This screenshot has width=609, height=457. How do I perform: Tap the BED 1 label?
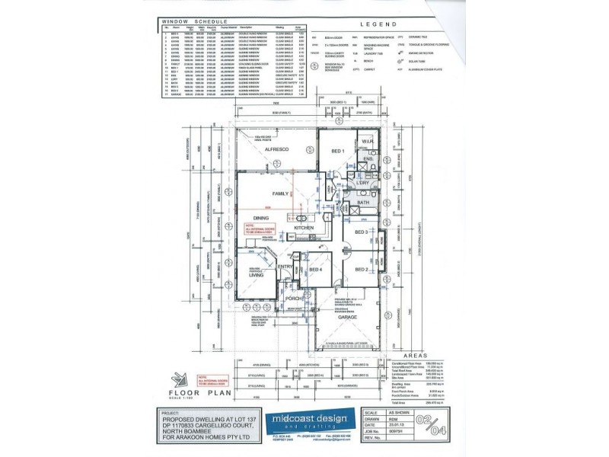click(338, 152)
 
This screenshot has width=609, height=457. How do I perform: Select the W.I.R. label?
click(366, 142)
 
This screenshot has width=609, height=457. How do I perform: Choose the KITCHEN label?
click(304, 228)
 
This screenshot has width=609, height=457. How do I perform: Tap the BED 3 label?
click(361, 232)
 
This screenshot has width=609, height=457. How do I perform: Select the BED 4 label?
click(316, 270)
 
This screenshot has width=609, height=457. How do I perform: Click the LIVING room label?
click(255, 275)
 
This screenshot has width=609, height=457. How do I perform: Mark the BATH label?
click(363, 203)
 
